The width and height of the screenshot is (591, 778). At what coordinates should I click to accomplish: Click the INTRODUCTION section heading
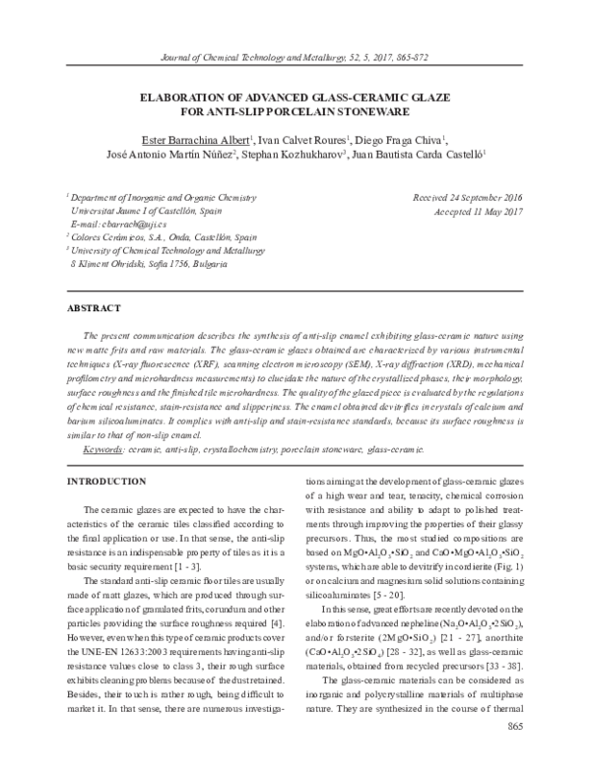(x=105, y=481)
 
